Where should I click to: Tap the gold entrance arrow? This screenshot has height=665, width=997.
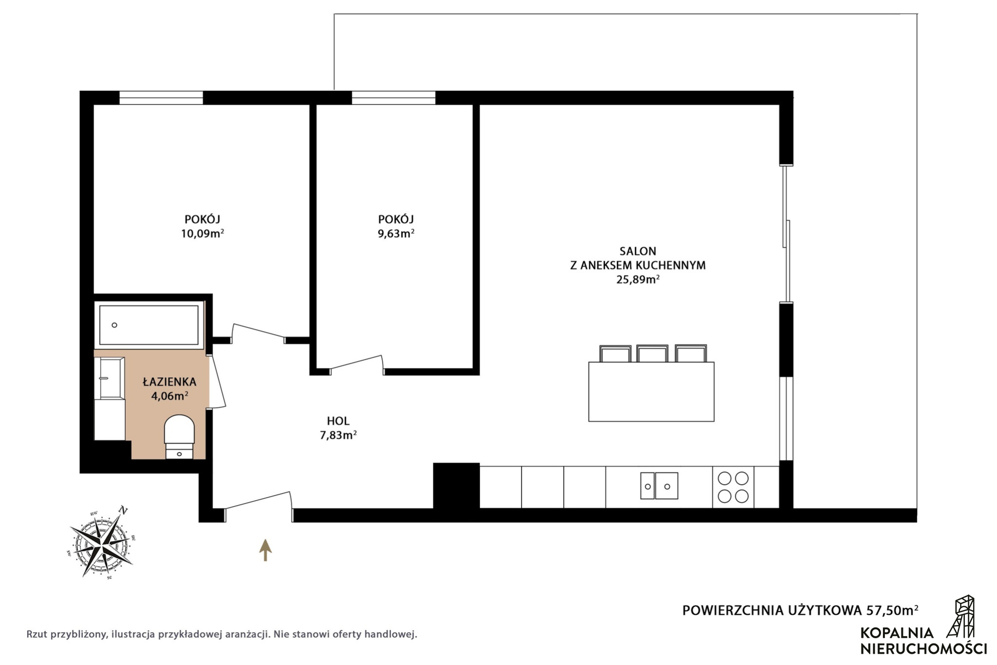(265, 550)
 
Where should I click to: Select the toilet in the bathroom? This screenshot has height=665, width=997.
(179, 436)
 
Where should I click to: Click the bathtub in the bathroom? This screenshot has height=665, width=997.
(149, 325)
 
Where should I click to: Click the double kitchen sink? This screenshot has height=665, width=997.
(659, 486)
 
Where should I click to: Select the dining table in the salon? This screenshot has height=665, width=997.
(651, 391)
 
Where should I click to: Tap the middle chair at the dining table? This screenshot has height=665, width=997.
(652, 353)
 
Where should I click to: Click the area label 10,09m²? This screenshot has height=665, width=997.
(202, 233)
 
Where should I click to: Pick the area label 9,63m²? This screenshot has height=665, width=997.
(396, 233)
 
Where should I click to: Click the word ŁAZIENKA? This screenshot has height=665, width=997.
(169, 382)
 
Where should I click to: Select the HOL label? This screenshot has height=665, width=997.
(338, 421)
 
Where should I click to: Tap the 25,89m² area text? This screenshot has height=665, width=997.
(638, 279)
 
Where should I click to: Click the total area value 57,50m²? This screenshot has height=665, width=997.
(892, 610)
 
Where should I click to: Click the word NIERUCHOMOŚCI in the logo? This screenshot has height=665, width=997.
(923, 648)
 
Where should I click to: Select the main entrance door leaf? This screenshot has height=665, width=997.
(257, 500)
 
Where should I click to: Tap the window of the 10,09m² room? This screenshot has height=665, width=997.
(161, 98)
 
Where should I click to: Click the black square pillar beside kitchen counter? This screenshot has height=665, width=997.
(457, 486)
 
